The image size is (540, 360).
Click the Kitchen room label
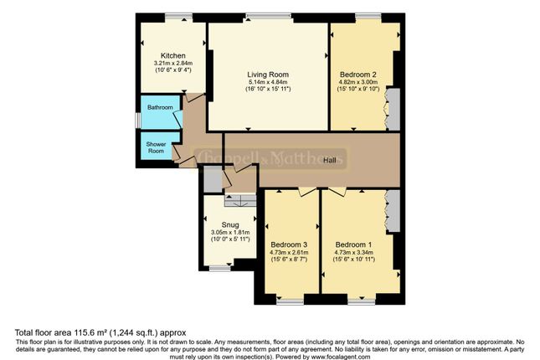point(173,55)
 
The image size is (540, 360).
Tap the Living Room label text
point(268,75)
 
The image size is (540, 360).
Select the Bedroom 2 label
point(357,75)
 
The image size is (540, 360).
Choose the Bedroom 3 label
point(289,244)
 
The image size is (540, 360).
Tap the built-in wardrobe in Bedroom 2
point(391,110)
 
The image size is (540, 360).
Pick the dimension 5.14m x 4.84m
point(268,82)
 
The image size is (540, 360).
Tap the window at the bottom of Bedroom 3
point(290,299)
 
